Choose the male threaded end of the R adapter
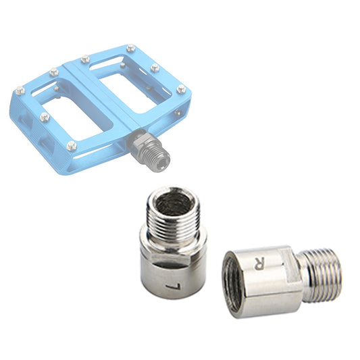(x=319, y=273)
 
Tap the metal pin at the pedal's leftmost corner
(x=20, y=89)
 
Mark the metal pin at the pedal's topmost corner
(x=130, y=48)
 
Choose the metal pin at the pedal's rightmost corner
(x=181, y=88)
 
